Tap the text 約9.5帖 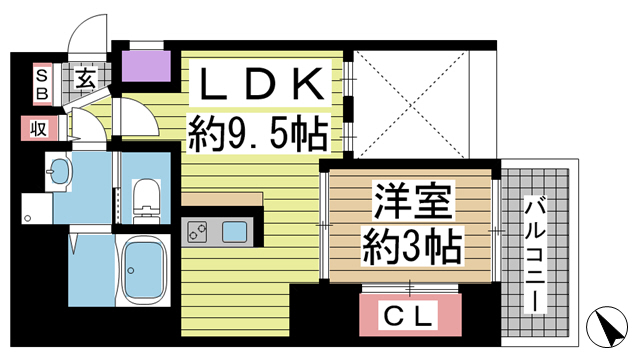259,131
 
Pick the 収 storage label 38,128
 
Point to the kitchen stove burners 197,233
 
